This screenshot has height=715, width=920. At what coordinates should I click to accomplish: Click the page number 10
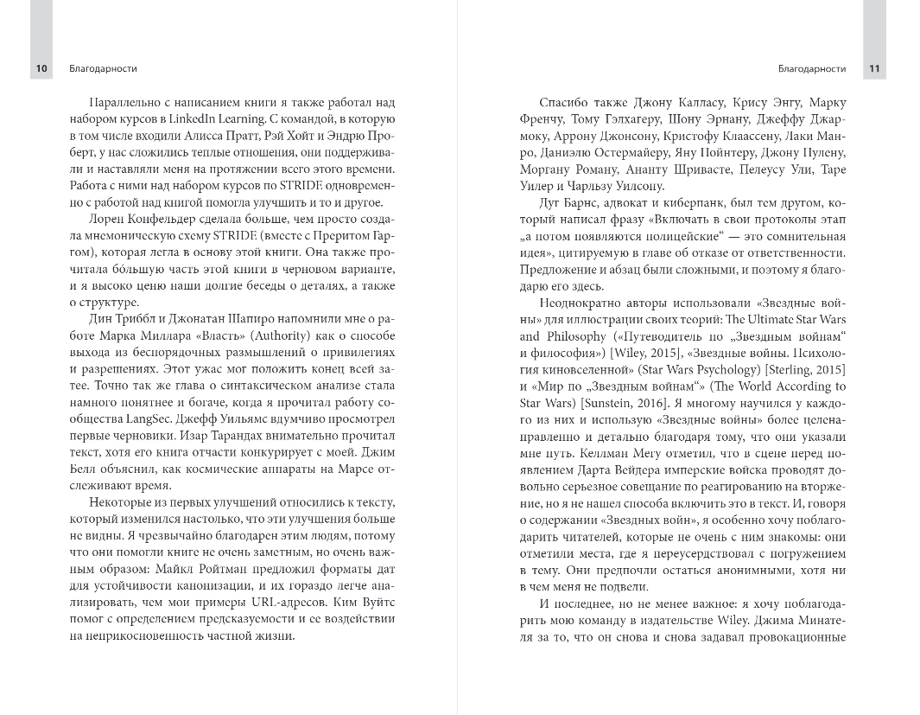41,69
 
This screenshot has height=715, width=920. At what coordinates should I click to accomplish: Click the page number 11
874,69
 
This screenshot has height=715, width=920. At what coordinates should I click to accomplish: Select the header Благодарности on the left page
102,69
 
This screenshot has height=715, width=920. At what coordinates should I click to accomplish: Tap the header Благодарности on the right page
811,69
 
